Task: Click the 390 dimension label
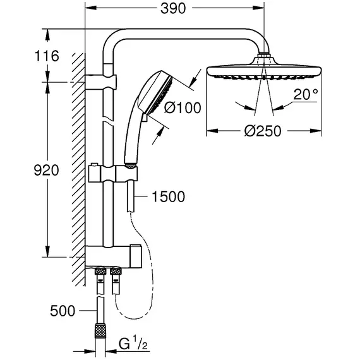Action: tap(172, 9)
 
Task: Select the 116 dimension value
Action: tap(47, 56)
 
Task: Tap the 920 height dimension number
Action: tap(46, 171)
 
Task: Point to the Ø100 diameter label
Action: tap(183, 107)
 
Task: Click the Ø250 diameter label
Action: tap(263, 131)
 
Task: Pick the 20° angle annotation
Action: tap(306, 94)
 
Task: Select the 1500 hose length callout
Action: tap(168, 197)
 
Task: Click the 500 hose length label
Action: tap(63, 311)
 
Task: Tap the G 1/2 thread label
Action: tap(133, 344)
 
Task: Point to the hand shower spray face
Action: tap(161, 95)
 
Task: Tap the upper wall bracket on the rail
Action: tap(101, 82)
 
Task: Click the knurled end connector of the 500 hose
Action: tap(100, 331)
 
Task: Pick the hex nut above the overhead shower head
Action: tap(264, 56)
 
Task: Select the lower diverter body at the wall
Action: tap(113, 256)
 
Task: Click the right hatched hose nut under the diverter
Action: tap(116, 272)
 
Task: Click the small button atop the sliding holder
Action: tap(94, 164)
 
